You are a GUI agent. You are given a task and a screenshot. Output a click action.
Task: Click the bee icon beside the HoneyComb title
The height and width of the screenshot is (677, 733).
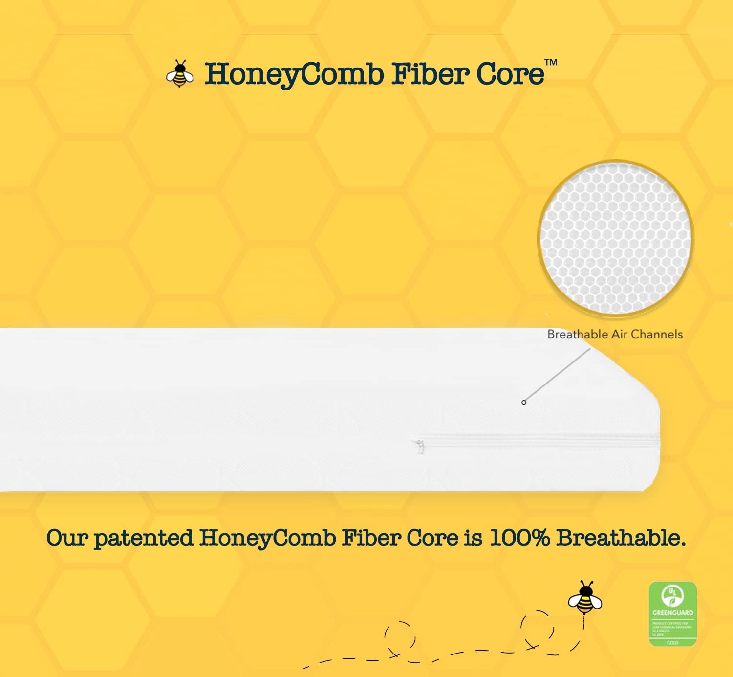tap(179, 74)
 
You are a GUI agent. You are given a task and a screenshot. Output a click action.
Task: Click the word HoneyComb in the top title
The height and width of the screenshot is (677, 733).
tap(294, 74)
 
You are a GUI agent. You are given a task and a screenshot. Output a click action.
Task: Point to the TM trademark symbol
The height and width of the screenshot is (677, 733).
tap(551, 62)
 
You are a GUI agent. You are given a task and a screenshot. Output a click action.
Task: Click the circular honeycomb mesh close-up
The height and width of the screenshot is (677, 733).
tap(615, 239)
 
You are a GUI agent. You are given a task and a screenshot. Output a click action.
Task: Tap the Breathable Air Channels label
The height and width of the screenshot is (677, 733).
tap(615, 334)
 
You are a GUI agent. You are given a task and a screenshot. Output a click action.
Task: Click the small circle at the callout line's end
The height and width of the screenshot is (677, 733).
tap(524, 402)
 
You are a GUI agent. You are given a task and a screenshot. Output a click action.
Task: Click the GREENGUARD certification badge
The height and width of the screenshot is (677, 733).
tap(672, 613)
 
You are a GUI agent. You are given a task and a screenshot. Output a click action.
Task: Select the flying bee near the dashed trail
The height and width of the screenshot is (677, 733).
tap(585, 598)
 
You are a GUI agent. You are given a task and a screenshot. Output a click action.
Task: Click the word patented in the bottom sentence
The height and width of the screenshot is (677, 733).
tap(144, 538)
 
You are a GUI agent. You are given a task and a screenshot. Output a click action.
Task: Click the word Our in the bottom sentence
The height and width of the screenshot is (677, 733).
tap(67, 538)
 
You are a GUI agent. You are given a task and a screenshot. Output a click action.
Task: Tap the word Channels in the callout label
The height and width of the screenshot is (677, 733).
tap(657, 334)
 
